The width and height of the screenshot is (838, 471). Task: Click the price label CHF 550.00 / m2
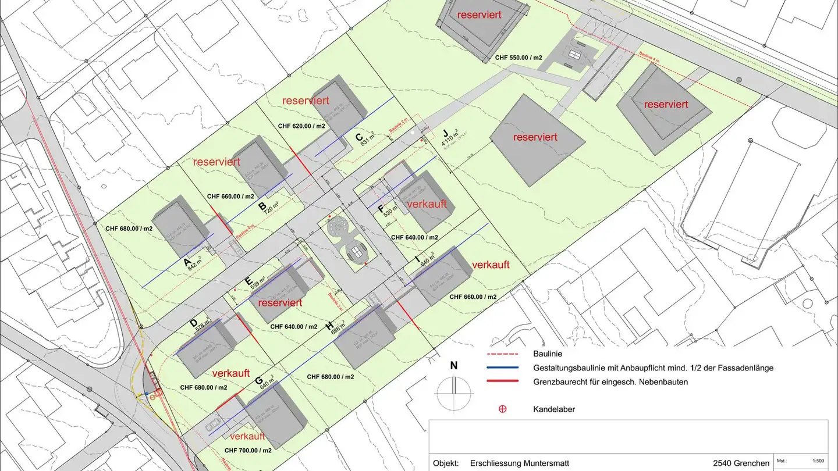[x=519, y=58]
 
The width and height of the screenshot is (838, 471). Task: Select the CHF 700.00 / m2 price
[x=247, y=450]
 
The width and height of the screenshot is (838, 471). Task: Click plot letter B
[x=262, y=206]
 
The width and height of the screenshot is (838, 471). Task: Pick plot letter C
[x=359, y=138]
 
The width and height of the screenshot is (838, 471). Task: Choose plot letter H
[x=329, y=326]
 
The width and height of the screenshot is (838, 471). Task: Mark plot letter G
[x=258, y=381]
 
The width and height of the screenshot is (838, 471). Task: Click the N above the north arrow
[x=454, y=366]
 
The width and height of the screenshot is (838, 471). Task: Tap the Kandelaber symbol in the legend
[x=502, y=409]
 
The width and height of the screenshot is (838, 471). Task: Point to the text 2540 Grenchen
[x=741, y=463]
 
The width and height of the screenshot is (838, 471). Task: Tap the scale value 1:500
[x=817, y=460]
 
